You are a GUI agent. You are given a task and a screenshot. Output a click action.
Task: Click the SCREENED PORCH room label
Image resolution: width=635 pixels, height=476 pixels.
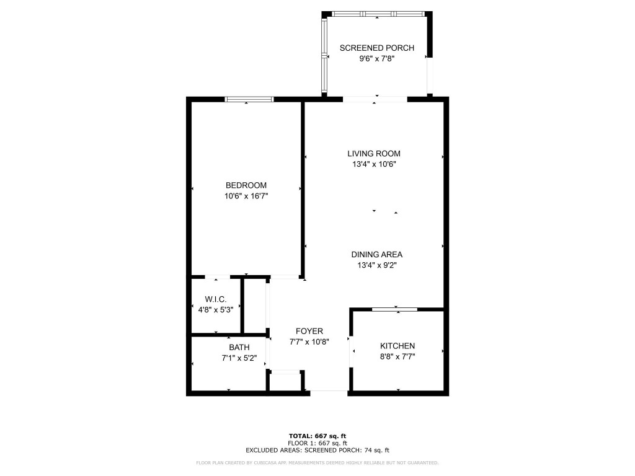tap(376, 48)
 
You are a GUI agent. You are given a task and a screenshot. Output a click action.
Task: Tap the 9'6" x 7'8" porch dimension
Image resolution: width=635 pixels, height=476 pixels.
tap(376, 59)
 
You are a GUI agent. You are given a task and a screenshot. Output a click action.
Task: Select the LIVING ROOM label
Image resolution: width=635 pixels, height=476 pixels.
tap(373, 154)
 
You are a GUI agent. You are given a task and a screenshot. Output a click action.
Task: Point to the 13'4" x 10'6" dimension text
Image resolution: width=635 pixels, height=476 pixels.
tap(373, 164)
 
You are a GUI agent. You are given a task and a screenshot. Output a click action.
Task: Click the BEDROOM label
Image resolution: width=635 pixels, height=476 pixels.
tap(246, 185)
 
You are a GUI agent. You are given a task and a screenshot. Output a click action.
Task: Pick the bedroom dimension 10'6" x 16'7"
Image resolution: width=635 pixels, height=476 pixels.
tap(246, 196)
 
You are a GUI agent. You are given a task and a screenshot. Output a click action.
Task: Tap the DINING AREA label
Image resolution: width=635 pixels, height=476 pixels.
tap(377, 254)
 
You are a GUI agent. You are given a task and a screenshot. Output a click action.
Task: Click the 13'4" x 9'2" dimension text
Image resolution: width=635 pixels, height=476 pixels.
tap(377, 265)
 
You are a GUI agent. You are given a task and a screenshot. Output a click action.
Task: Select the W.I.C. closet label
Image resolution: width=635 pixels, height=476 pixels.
tap(215, 299)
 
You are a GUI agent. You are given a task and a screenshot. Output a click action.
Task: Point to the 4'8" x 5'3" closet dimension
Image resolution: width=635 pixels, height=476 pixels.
tap(215, 309)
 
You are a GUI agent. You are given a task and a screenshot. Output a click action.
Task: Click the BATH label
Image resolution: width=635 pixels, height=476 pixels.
tap(239, 347)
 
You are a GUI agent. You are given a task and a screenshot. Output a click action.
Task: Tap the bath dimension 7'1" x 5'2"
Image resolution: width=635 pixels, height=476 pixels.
tap(239, 358)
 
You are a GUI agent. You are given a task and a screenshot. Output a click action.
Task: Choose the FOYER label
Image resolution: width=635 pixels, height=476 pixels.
tap(309, 331)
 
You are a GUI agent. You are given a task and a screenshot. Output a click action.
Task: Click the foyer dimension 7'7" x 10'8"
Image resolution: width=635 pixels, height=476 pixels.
tap(309, 342)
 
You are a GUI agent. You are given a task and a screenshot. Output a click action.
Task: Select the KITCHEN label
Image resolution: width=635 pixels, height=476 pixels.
tap(397, 346)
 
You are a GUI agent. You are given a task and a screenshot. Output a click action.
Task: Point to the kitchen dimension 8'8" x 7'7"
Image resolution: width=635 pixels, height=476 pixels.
tap(397, 356)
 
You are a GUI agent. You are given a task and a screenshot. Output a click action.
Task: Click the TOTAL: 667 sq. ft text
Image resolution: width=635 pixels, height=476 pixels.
tap(317, 436)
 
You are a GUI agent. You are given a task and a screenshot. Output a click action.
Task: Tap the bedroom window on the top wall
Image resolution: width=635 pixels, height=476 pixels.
tap(249, 99)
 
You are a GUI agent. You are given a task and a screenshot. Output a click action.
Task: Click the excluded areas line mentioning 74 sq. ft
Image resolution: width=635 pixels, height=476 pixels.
tap(317, 451)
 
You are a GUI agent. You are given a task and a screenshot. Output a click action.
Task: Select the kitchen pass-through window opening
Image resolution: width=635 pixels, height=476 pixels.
tap(394, 309)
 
